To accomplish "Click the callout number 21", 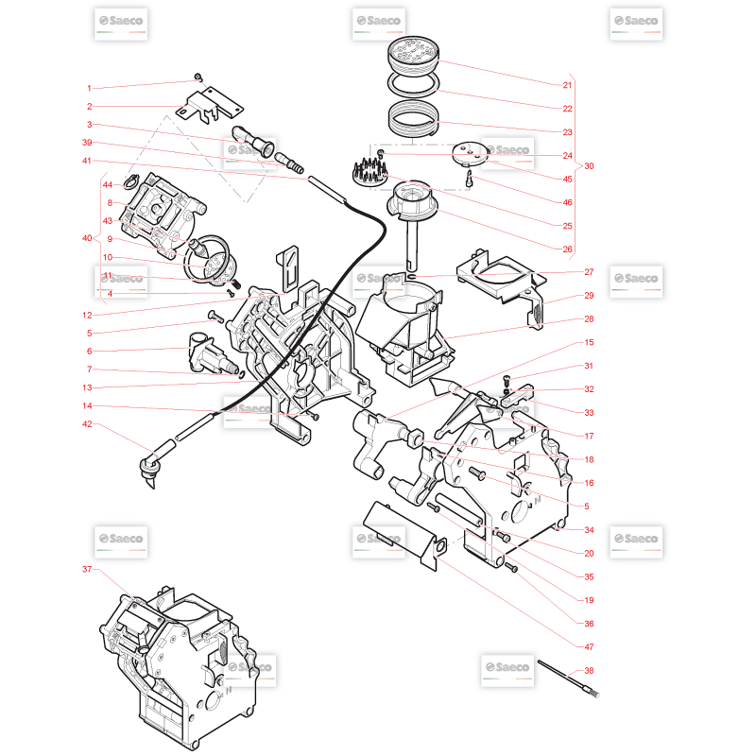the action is [567, 85].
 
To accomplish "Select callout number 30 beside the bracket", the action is [589, 166].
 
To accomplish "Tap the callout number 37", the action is [87, 569].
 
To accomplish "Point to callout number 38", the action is [589, 670].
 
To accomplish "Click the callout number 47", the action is [589, 646].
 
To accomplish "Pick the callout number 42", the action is [87, 423].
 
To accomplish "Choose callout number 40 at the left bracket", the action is [87, 238].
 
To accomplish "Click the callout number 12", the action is [87, 315].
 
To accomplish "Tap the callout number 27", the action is [589, 272].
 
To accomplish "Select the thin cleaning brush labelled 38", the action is [568, 679].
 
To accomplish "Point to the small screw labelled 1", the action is [198, 77].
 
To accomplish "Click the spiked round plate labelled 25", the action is [370, 171].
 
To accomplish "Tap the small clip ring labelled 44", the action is [130, 181].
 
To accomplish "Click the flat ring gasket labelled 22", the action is [413, 83].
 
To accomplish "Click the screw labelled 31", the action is [507, 382].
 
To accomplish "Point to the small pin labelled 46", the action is [469, 179].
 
